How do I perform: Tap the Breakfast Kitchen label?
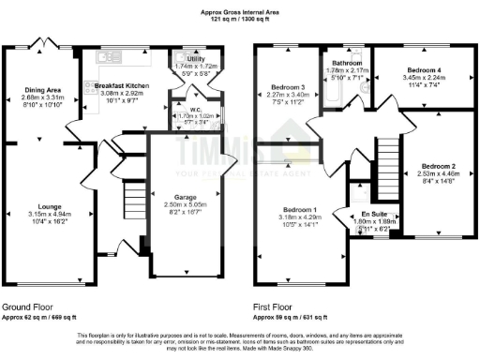click(x=121, y=85)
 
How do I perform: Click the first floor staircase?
click(x=386, y=159)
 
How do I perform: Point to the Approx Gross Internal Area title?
click(x=240, y=11)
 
